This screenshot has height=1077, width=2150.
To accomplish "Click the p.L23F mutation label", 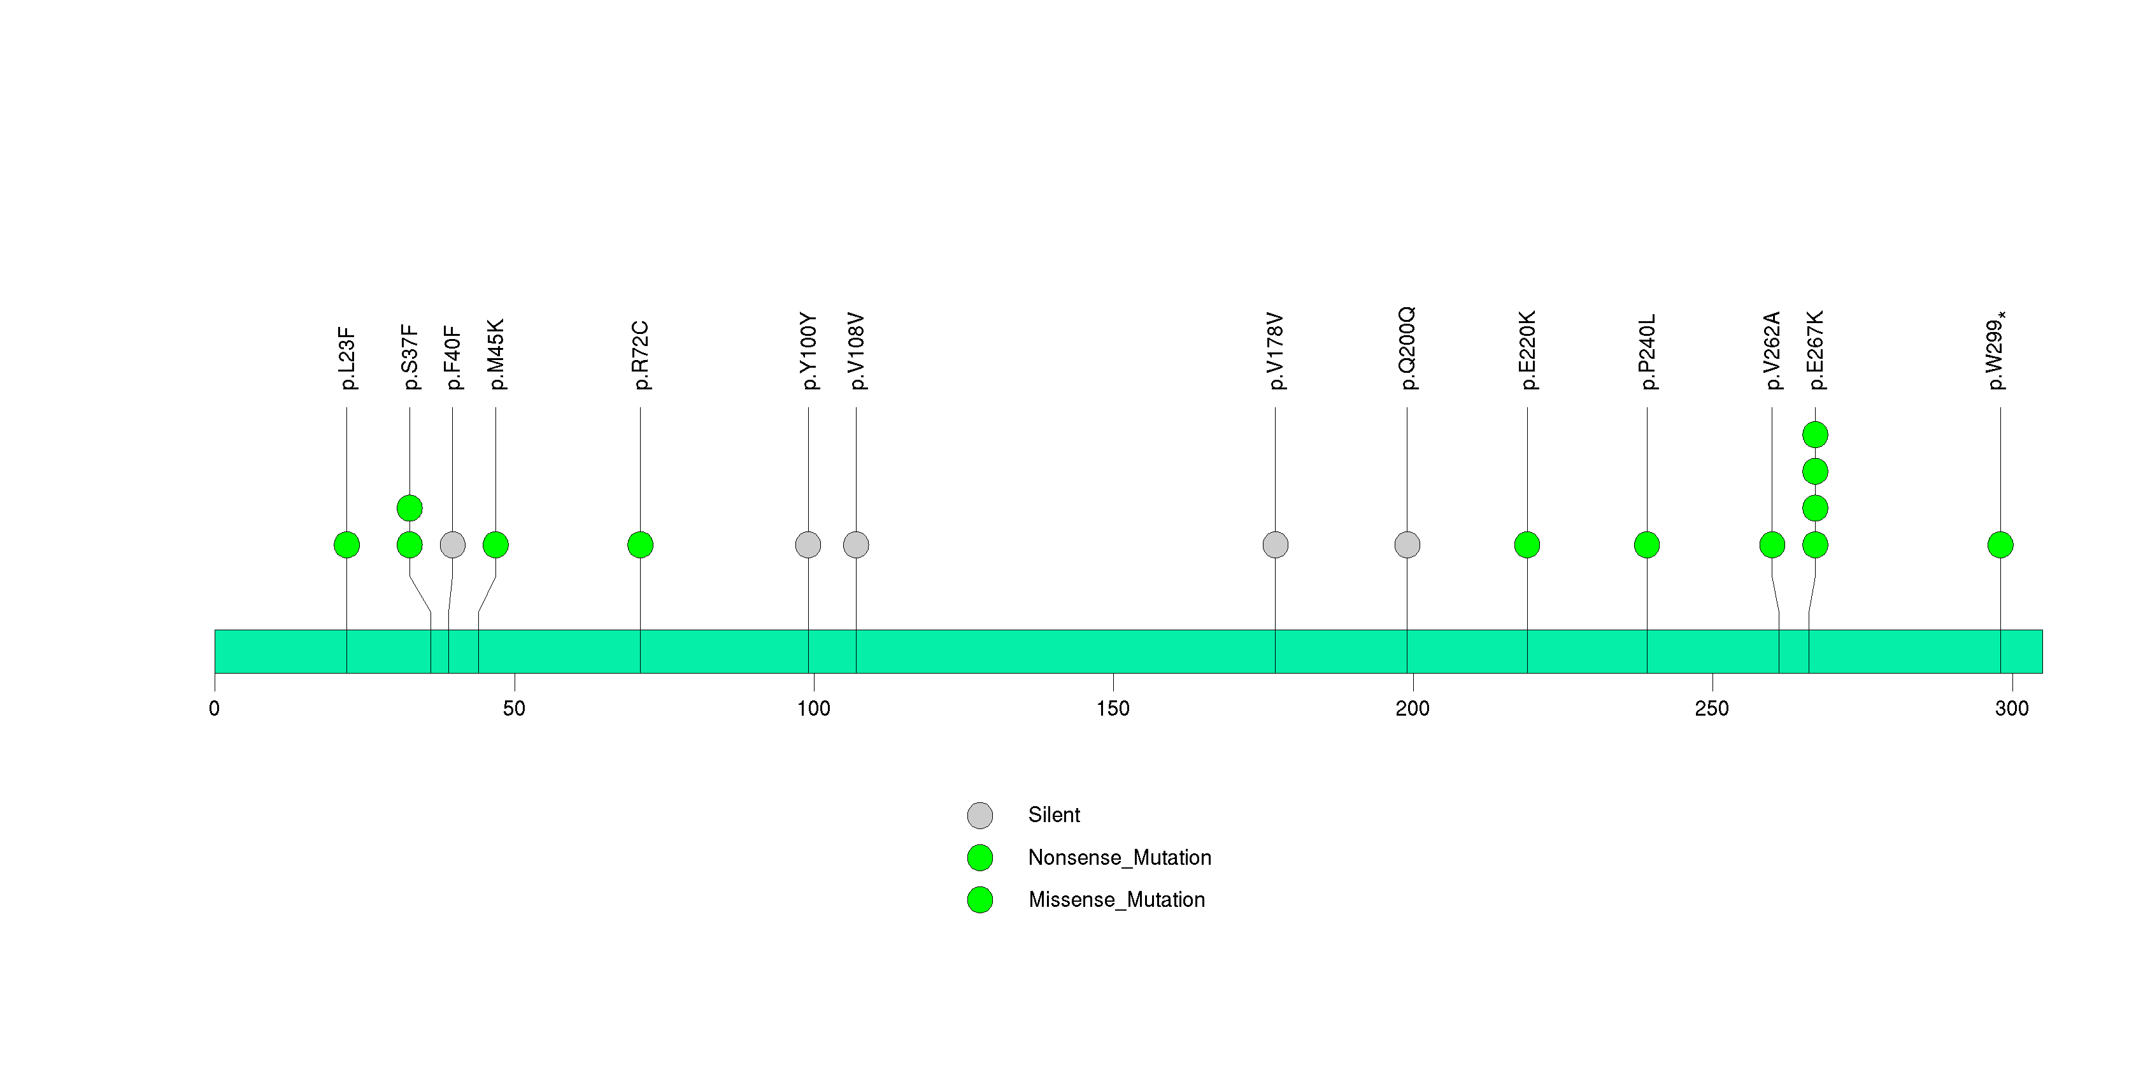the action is [347, 359].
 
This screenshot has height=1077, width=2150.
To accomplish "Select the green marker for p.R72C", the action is [640, 545].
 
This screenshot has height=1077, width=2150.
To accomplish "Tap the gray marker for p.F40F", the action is [452, 545].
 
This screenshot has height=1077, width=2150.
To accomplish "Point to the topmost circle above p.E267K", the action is [1815, 435].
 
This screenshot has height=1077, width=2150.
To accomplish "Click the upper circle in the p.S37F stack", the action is [409, 509].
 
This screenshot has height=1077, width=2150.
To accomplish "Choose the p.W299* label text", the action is [1997, 351].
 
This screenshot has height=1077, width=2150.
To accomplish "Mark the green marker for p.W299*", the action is [2000, 545].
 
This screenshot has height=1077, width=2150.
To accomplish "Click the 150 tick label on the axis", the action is [1113, 709].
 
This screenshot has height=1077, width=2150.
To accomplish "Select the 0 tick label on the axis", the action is [215, 709].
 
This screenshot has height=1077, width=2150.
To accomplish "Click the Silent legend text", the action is [1054, 815].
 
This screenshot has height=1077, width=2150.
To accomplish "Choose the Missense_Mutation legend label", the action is [1117, 899].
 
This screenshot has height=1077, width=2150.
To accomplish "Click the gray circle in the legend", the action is [980, 816].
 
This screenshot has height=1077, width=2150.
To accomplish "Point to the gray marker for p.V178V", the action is [1276, 545].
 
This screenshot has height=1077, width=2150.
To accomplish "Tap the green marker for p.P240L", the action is [1647, 545].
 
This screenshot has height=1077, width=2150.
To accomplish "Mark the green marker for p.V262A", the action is [1772, 545].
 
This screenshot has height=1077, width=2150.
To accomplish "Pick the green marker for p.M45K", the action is [495, 545].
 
